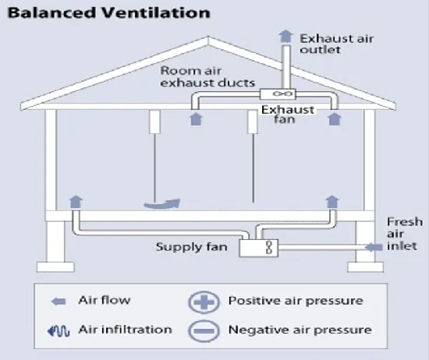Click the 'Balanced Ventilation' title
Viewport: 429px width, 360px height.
(109, 12)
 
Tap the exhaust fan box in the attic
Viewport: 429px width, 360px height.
(278, 94)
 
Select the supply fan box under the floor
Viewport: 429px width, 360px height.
(259, 248)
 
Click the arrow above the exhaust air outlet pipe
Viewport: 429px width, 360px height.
(285, 37)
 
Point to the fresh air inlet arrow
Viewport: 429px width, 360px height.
(374, 247)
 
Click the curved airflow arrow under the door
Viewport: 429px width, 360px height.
(162, 204)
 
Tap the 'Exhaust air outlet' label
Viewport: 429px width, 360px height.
(337, 44)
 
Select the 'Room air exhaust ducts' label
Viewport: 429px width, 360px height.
(207, 77)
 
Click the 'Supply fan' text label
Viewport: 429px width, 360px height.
(192, 247)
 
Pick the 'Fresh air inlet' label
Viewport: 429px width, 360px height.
(405, 234)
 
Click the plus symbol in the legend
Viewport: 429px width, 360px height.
(204, 302)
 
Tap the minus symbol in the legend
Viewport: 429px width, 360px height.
(204, 330)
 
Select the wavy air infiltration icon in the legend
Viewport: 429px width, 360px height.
(58, 330)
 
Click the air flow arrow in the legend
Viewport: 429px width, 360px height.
(58, 302)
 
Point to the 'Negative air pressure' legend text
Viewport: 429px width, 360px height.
(300, 330)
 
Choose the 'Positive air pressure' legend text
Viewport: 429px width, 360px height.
(296, 301)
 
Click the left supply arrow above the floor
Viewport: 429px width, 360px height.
(76, 202)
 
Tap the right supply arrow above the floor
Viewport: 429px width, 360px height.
(332, 202)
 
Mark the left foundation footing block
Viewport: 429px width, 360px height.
(55, 267)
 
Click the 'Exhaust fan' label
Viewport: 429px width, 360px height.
(287, 115)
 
